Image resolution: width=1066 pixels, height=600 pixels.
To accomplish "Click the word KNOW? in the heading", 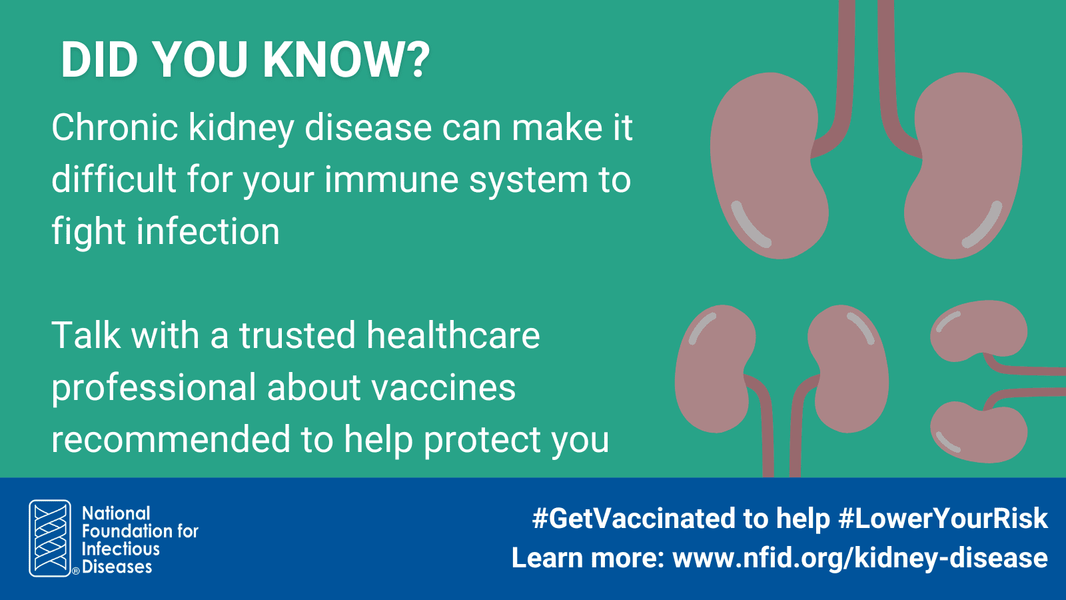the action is (346, 60).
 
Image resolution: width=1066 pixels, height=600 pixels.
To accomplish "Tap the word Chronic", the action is (115, 127).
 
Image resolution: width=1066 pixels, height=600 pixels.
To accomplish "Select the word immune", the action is (392, 180).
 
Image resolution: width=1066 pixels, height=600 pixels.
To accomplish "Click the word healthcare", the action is (453, 335).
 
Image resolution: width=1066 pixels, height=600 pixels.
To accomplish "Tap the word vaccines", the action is (444, 387).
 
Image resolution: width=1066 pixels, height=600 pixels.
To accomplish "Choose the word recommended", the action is (171, 439).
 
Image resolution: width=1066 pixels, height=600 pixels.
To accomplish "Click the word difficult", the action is (114, 179).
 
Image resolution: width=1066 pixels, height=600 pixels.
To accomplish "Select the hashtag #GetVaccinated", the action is (650, 518).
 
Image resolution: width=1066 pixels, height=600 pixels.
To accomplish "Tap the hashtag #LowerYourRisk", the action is (943, 518).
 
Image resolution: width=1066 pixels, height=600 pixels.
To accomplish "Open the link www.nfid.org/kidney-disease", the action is (860, 558).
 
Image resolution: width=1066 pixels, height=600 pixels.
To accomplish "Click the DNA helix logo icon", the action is (50, 538).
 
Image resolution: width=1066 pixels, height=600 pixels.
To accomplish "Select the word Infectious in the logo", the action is (121, 549).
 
